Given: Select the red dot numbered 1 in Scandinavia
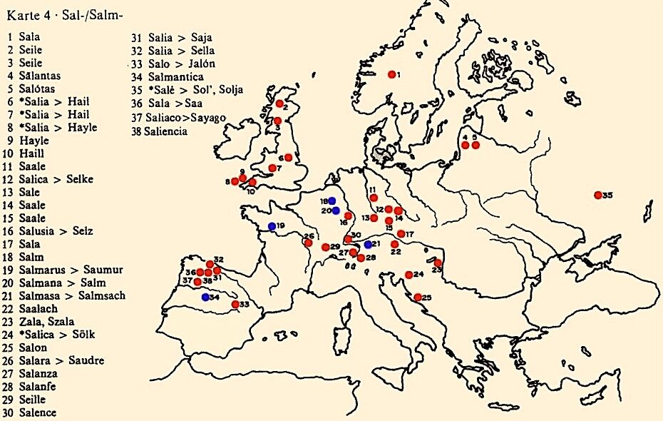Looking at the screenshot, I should point(391,74).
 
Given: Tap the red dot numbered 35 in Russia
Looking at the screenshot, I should point(597,195).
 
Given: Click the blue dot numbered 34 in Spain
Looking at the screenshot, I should point(205,297).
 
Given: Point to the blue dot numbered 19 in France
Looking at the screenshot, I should point(272,226).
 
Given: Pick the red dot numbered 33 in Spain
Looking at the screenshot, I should point(235,304).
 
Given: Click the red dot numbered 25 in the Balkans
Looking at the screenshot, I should point(418,297).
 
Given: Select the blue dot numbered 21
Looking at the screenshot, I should point(368,244).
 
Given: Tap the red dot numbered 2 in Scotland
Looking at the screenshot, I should point(279,103).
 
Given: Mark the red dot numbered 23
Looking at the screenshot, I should point(437,263).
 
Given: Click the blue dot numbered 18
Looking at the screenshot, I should point(331,201).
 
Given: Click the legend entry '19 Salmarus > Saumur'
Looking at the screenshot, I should point(64,270).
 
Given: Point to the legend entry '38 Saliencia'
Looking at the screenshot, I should point(158,131).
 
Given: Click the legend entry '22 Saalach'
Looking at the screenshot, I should point(35,308).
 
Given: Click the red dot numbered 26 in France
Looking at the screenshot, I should point(307,243).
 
